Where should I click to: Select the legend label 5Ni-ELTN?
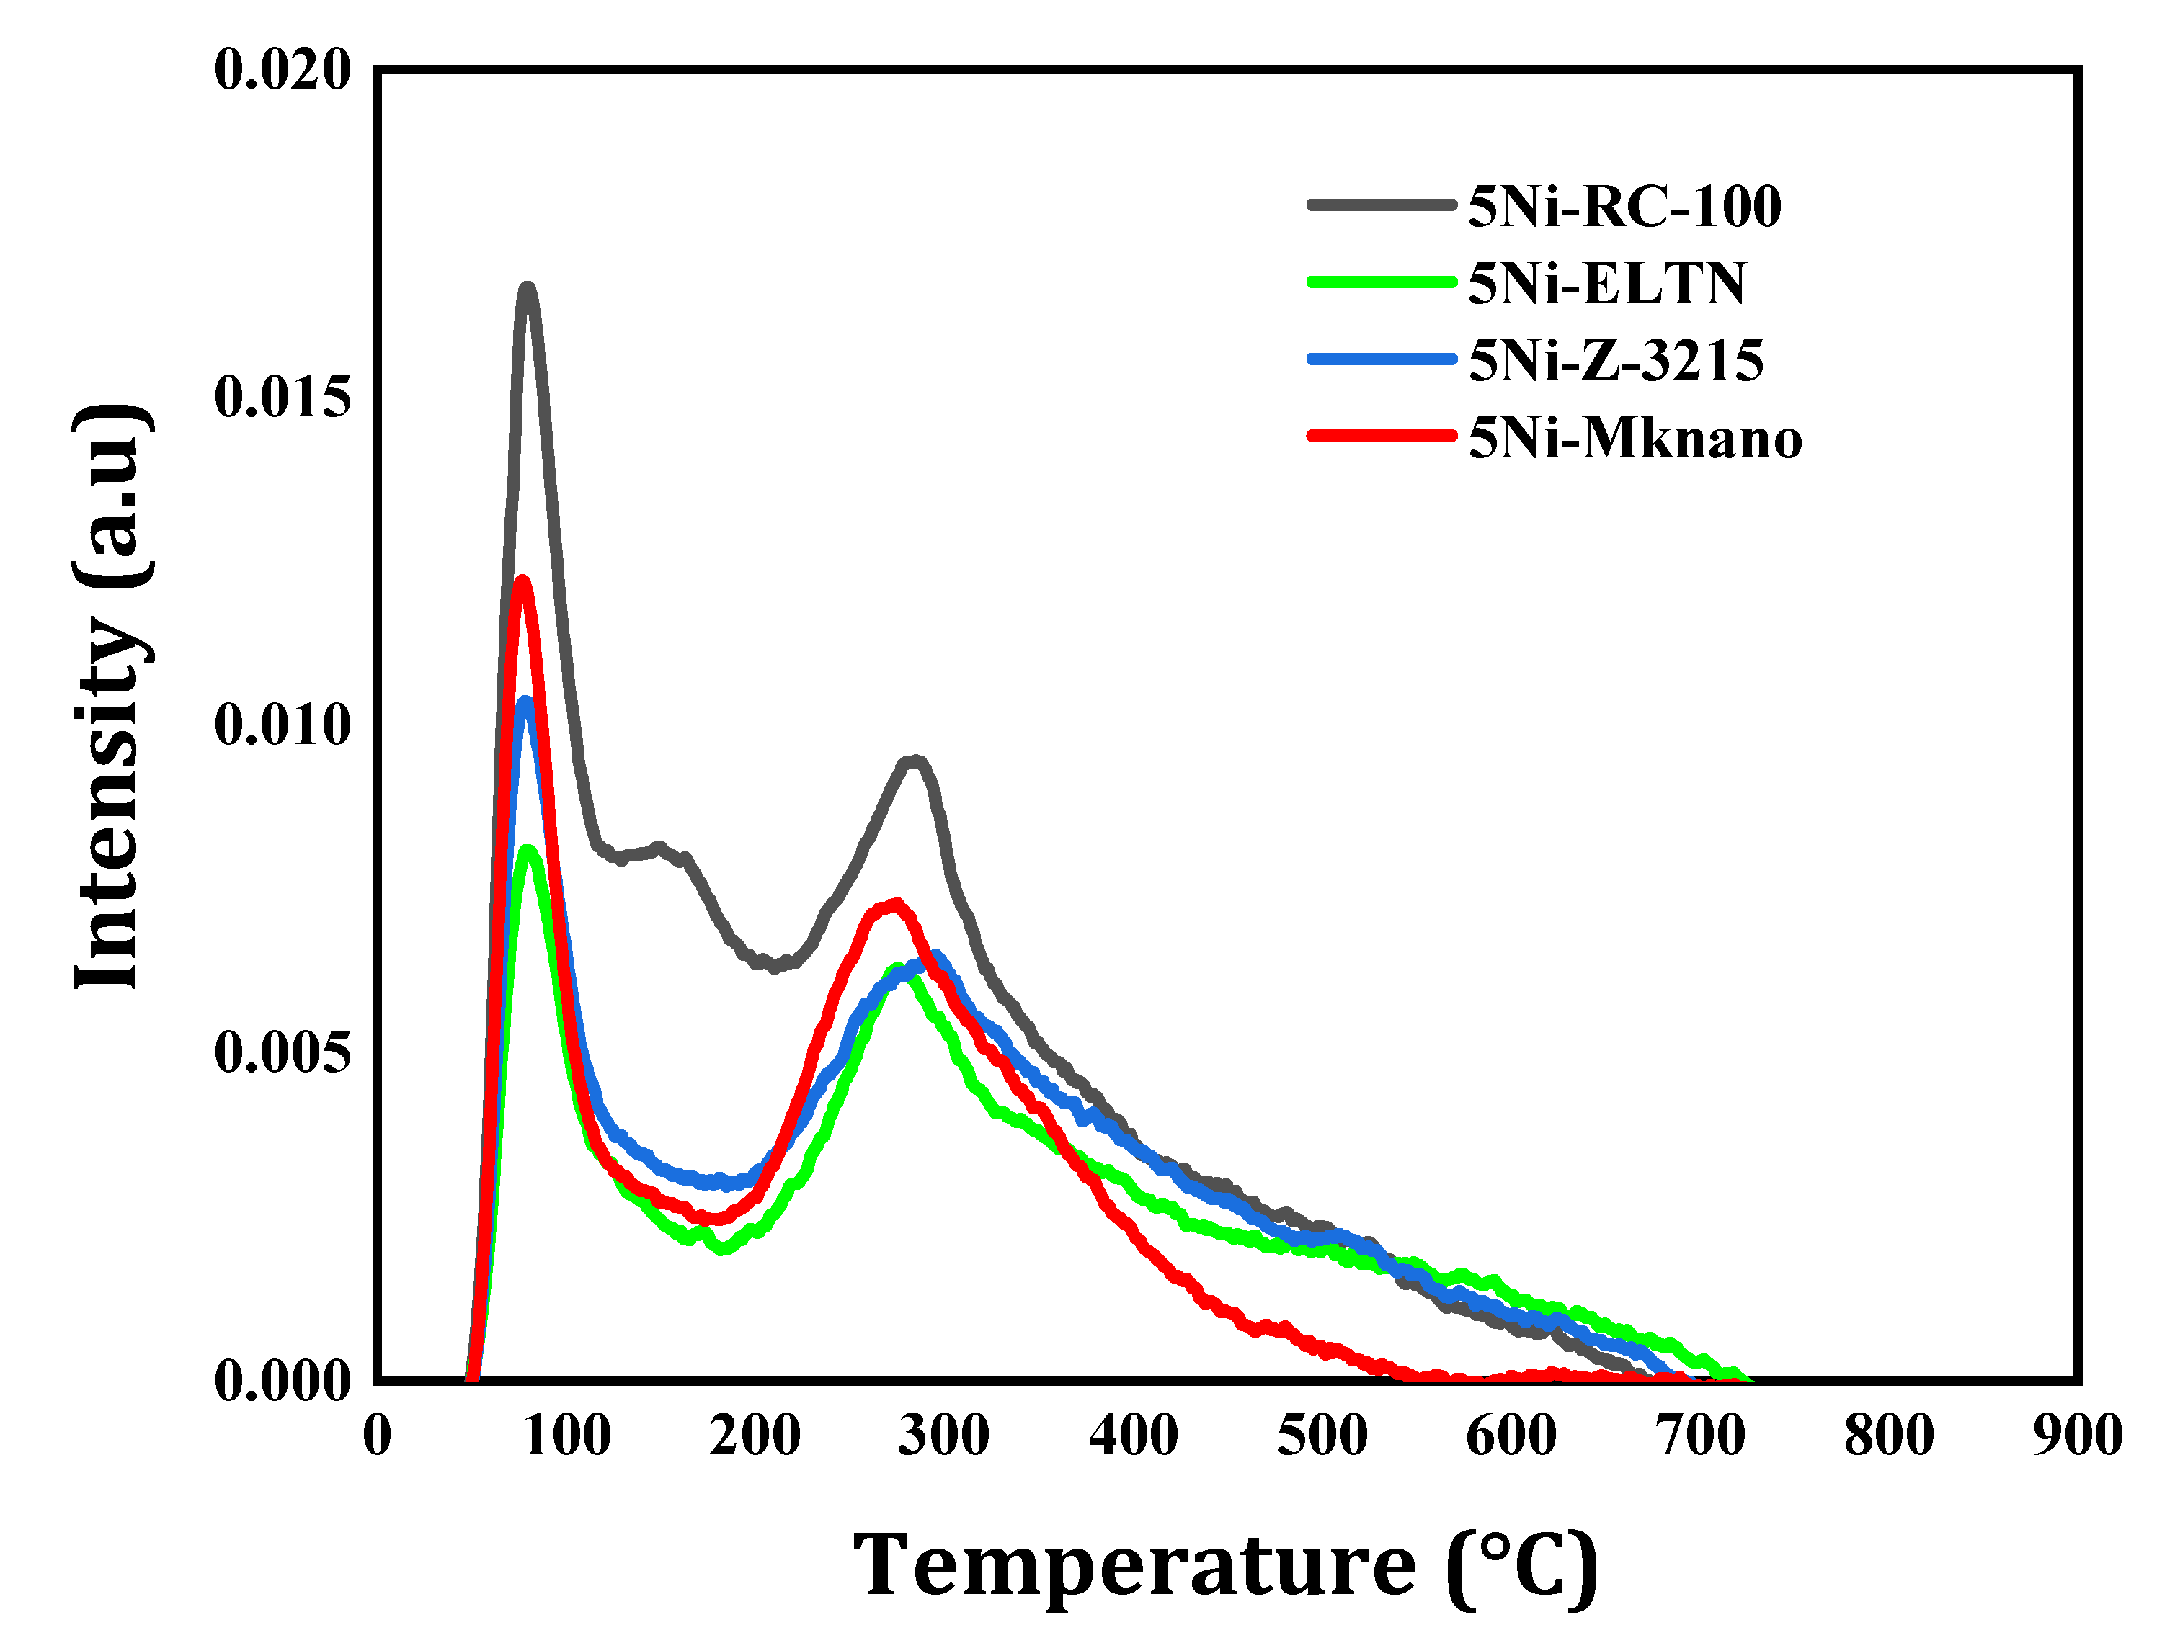coord(1606,284)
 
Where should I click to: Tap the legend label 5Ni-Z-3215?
coord(1616,361)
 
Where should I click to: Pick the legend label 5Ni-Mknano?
coord(1635,438)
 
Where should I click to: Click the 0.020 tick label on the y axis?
coord(282,71)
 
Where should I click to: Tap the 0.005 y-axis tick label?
coord(282,1052)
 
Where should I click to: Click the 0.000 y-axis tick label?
coord(282,1381)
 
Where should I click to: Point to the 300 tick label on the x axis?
coord(944,1436)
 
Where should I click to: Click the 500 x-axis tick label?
coord(1322,1436)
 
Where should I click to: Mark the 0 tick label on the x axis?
coord(378,1436)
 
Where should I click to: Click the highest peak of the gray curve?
coord(528,287)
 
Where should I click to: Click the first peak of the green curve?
coord(528,850)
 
